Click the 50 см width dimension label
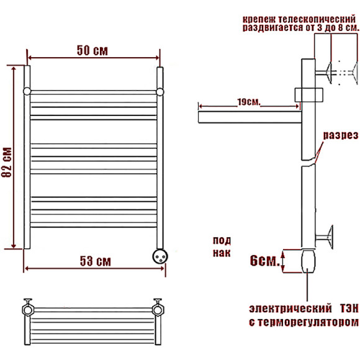[92, 50]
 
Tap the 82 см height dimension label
[7, 162]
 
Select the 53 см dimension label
[96, 261]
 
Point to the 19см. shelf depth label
[249, 102]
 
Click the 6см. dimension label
[264, 261]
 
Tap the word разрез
[341, 135]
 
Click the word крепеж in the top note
[258, 20]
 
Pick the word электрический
[290, 308]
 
